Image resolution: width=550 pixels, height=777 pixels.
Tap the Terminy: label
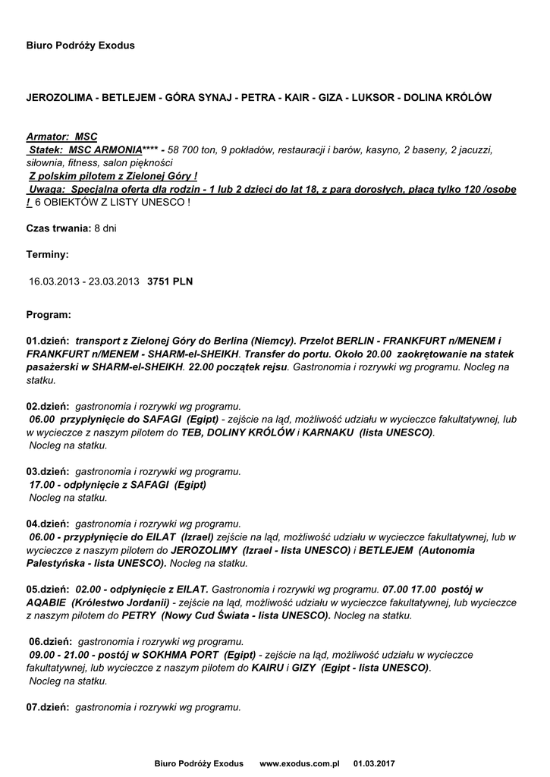(47, 254)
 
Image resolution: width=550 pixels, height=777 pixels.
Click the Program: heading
(49, 313)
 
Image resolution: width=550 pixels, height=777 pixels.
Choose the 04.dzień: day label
(48, 524)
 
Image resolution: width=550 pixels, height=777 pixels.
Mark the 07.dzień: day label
(48, 706)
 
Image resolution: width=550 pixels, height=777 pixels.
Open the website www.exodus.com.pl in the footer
(299, 763)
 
